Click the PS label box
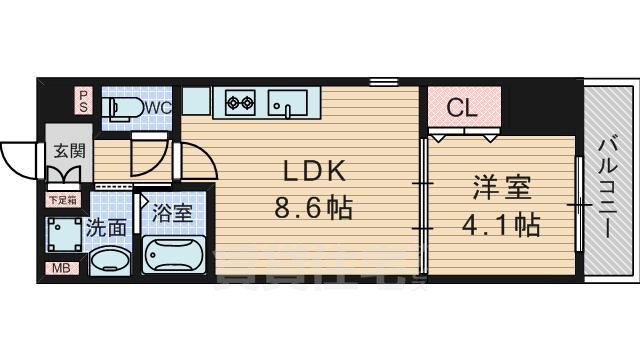pos(85,100)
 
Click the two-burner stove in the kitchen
pos(241,101)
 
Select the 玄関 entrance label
pos(69,152)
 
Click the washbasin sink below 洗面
pos(108,262)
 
